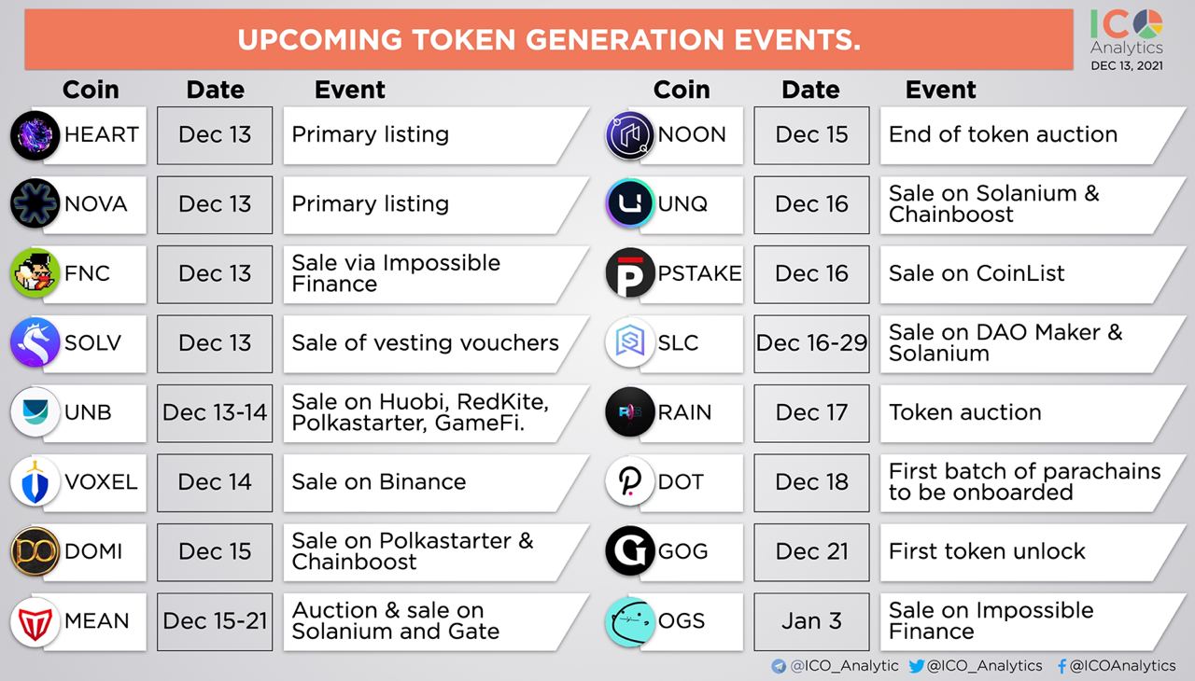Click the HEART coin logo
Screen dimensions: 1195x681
point(35,135)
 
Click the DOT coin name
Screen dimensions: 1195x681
point(681,482)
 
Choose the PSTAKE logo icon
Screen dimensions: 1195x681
point(630,272)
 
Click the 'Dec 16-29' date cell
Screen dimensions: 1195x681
point(811,343)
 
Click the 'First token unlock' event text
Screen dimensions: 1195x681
point(987,551)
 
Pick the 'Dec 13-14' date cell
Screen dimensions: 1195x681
point(215,413)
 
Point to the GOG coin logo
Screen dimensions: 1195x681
point(630,551)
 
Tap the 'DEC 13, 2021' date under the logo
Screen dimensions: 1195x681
point(1127,65)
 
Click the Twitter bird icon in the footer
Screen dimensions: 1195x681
point(917,666)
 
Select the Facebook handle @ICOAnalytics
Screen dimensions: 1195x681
point(1122,665)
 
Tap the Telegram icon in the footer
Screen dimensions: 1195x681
point(779,666)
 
